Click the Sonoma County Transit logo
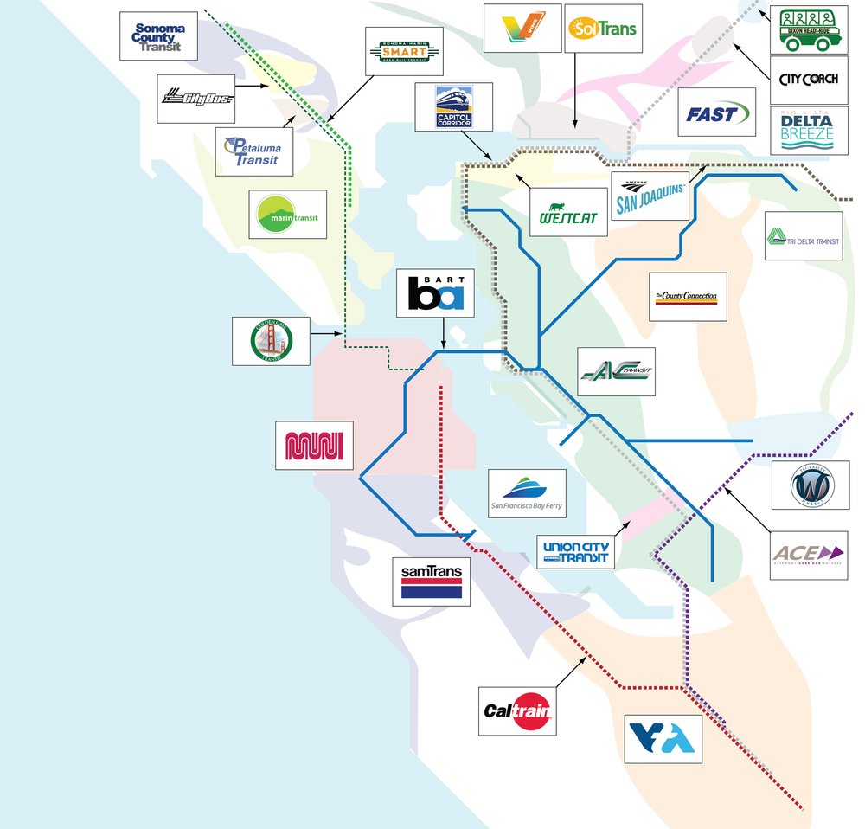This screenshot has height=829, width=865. tap(158, 35)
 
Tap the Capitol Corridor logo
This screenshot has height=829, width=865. tap(452, 106)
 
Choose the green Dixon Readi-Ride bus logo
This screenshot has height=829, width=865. tap(809, 30)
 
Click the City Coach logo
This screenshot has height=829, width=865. tap(807, 80)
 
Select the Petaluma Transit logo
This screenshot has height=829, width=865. tap(253, 151)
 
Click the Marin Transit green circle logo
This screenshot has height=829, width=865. tap(287, 214)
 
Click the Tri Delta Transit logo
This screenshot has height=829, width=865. tap(803, 236)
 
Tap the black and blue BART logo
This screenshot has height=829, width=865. tap(441, 292)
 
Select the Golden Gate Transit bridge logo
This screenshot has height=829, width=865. tap(271, 339)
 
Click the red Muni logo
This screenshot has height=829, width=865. tap(314, 446)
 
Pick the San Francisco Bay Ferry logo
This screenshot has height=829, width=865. tap(527, 493)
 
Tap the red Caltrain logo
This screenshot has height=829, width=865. tap(517, 711)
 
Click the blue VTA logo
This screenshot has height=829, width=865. tap(663, 738)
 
